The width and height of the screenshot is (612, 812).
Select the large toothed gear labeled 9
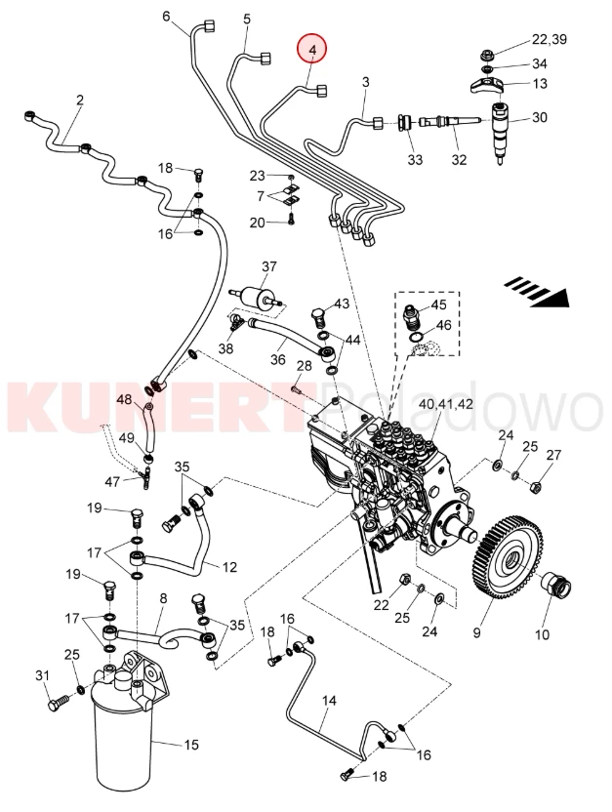(x=511, y=562)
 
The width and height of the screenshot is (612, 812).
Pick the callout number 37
(x=269, y=266)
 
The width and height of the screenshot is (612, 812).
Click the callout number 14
(x=328, y=701)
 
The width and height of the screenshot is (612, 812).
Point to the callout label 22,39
(x=549, y=39)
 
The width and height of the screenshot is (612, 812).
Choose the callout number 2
(x=79, y=100)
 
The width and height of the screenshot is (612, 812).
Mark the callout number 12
(x=229, y=567)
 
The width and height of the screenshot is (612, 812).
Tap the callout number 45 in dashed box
(x=438, y=305)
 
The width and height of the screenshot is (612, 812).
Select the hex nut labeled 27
(x=537, y=481)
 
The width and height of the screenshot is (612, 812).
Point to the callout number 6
(x=165, y=17)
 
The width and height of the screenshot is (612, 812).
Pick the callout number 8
(x=163, y=597)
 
